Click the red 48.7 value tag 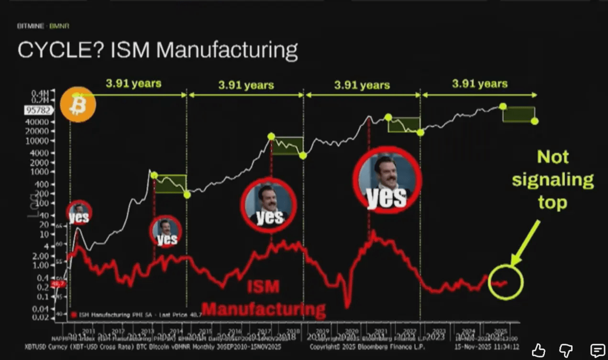58,284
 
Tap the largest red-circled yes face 387,180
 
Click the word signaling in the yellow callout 553,180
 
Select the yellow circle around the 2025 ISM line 506,282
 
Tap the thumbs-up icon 539,350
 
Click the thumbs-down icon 568,350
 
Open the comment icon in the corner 597,350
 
